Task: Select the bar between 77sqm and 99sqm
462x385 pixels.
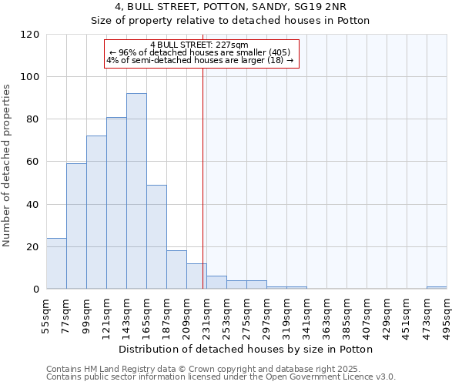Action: (76, 226)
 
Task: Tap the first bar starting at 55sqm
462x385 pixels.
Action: (56, 263)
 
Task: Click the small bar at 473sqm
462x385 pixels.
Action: (437, 287)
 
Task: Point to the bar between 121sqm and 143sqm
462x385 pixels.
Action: (116, 203)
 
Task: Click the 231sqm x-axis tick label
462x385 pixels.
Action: (206, 313)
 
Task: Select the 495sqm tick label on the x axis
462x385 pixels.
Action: (447, 313)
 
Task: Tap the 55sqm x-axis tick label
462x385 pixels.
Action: (46, 313)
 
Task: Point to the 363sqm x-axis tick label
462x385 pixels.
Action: (326, 313)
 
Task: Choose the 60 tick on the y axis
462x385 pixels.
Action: (34, 162)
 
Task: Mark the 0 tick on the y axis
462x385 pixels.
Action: (36, 290)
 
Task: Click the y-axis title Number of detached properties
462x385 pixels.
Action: (8, 166)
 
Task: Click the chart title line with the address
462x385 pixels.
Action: (231, 8)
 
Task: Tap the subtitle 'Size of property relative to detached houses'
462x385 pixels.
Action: (231, 21)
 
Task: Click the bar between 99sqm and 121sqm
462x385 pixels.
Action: (96, 213)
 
